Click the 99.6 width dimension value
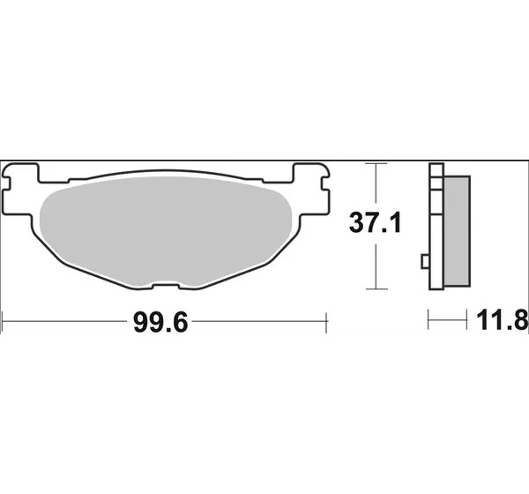tap(160, 323)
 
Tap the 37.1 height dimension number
tap(376, 223)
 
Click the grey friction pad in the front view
tap(166, 229)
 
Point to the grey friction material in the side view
tap(457, 230)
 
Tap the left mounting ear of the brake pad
tap(21, 189)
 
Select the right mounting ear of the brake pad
tap(311, 189)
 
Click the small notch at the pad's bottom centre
tap(166, 284)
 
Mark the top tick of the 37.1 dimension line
tap(376, 164)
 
